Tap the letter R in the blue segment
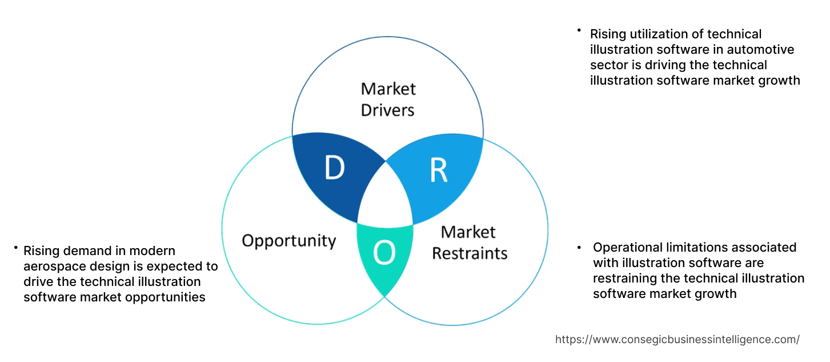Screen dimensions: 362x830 point(438,171)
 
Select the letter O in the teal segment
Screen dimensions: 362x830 point(384,254)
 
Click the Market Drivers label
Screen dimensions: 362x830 point(388,99)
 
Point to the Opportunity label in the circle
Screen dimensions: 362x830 point(288,240)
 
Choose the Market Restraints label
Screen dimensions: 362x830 point(469,242)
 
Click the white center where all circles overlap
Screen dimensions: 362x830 point(386,197)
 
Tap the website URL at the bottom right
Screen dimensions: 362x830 point(677,339)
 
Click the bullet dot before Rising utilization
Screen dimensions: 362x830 point(579,30)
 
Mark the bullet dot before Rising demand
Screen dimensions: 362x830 point(15,248)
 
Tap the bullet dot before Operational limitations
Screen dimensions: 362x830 point(579,248)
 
